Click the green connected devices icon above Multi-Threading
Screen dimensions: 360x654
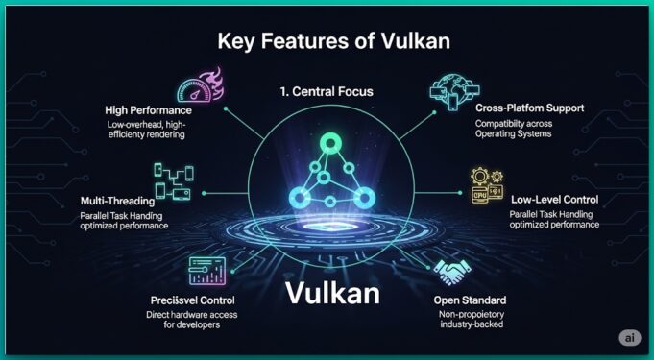[x=176, y=180]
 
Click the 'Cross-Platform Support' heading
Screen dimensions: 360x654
[x=530, y=108]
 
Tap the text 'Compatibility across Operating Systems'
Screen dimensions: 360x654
[x=516, y=129]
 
